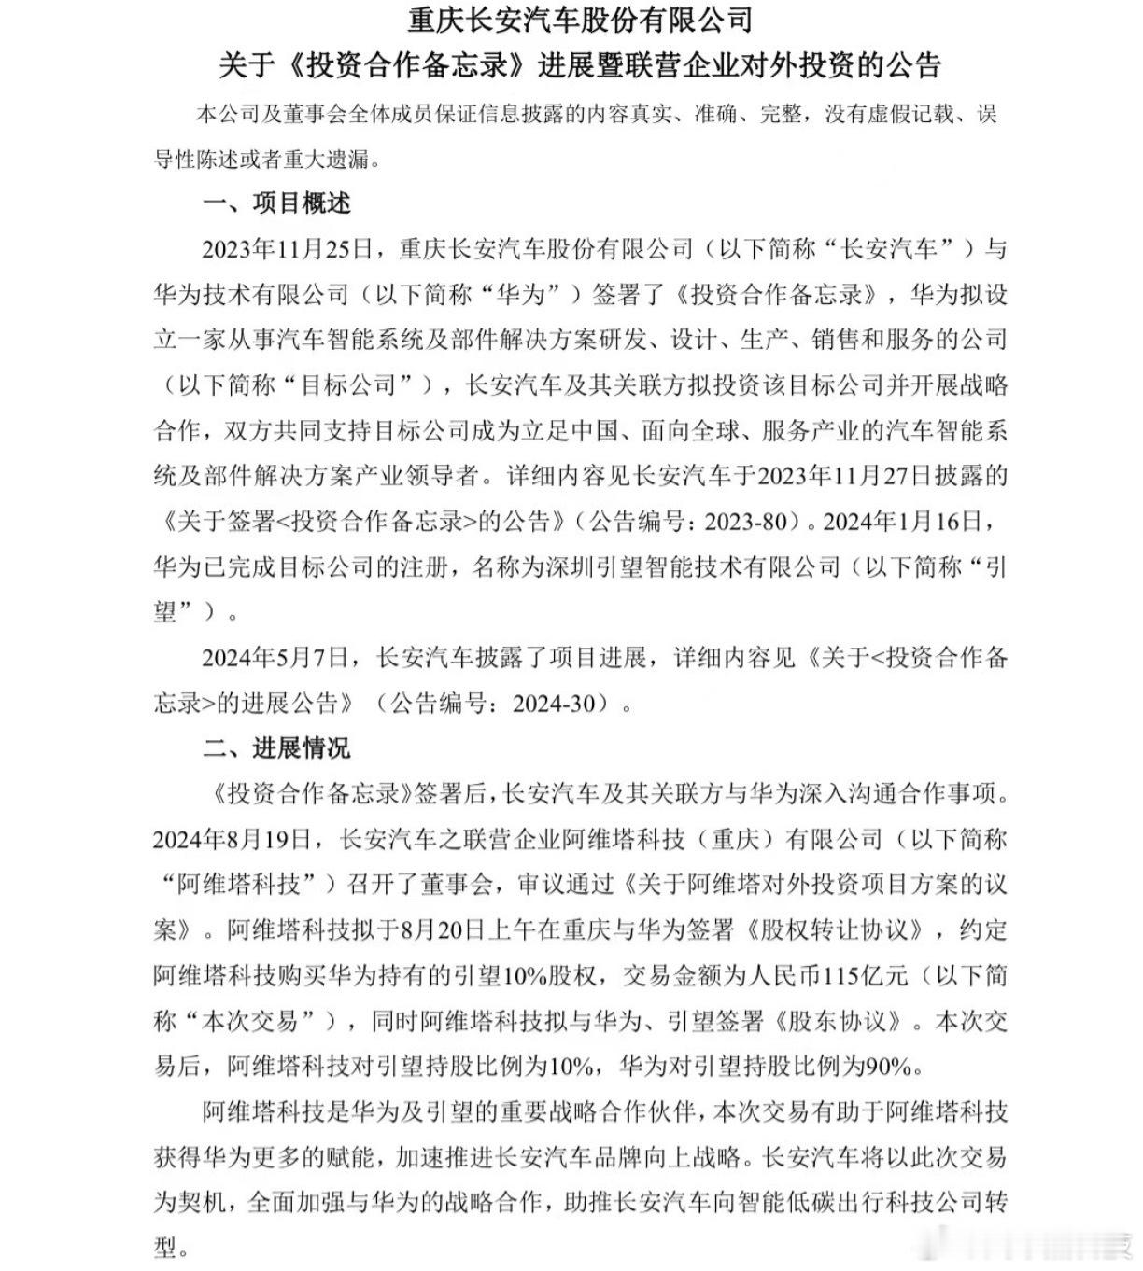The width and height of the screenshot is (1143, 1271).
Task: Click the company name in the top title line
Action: coord(580,19)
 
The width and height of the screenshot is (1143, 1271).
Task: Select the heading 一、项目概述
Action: coord(276,203)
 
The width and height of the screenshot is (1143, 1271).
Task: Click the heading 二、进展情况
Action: coord(276,748)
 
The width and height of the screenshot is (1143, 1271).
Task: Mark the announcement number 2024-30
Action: coord(553,704)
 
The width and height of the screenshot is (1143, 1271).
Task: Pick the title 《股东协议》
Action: coord(837,1022)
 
